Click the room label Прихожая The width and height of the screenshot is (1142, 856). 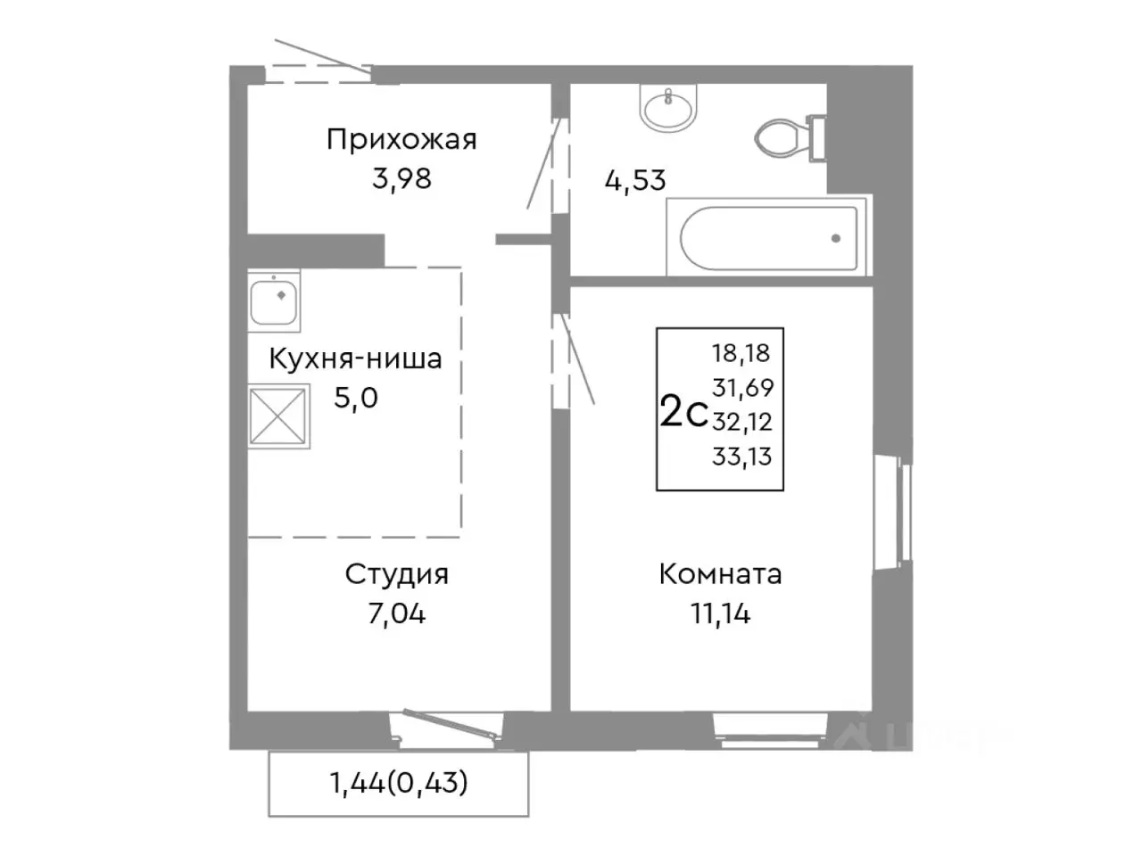tap(401, 140)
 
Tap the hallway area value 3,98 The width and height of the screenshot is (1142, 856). tap(401, 178)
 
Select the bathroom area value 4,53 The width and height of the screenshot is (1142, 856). tap(635, 180)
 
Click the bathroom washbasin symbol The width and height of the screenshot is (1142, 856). tap(666, 109)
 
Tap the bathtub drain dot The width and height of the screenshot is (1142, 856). tap(835, 238)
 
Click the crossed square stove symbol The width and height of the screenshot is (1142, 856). tap(279, 416)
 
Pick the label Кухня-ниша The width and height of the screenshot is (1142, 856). tap(355, 359)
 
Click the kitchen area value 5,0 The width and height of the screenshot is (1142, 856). tap(356, 398)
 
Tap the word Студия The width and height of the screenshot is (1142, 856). tap(396, 574)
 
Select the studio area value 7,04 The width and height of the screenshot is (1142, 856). tap(396, 613)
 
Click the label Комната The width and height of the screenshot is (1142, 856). tap(720, 574)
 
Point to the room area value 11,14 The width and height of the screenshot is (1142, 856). tap(720, 613)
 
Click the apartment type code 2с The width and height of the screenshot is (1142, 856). tap(683, 413)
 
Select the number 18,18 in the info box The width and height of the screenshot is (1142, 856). tap(741, 353)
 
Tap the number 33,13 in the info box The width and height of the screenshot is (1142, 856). tap(741, 457)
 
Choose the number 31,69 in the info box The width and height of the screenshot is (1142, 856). tap(741, 388)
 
